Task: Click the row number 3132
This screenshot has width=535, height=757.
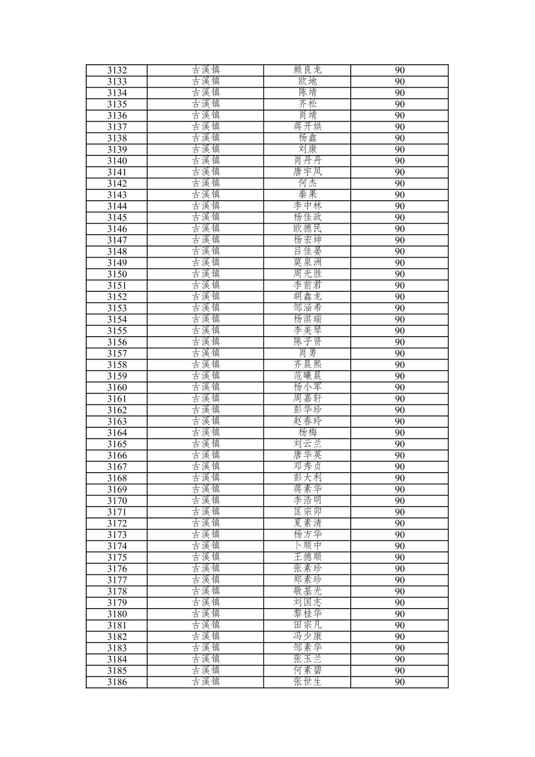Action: coord(117,70)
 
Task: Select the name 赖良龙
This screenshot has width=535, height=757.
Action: coord(307,70)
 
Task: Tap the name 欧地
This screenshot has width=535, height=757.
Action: coord(307,81)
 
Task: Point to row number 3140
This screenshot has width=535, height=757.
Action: coord(117,161)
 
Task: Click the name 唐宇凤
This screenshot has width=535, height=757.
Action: coord(307,172)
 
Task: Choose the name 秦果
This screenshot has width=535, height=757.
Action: coord(307,195)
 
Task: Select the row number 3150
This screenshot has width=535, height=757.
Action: coord(117,274)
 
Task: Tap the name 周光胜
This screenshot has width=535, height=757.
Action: coord(307,274)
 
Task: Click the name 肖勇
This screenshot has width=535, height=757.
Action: coord(307,353)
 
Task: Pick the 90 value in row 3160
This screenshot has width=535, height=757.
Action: coord(400,387)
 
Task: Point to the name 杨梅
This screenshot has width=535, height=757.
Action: coord(307,432)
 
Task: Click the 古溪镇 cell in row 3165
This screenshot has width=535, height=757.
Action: coord(206,444)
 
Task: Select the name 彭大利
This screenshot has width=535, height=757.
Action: coord(307,478)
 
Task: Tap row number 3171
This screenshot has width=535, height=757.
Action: coord(117,512)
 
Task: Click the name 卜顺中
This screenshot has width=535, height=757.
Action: coord(307,546)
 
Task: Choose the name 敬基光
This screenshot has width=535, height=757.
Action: coord(307,591)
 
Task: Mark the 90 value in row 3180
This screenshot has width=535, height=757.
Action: coord(400,614)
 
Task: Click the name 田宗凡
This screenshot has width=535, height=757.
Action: coord(307,625)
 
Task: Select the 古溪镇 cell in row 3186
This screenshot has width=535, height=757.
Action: coord(206,682)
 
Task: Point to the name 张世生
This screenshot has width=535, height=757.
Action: coord(307,682)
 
